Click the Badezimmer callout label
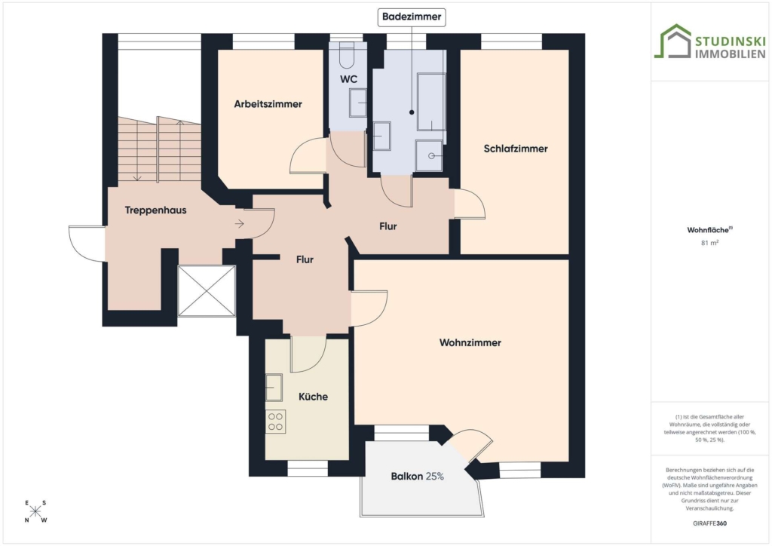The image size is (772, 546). (x=412, y=17)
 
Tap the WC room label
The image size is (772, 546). (x=348, y=79)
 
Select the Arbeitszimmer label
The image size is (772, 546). (x=268, y=104)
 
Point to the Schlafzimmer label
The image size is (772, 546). (x=516, y=149)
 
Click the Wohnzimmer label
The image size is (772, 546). (x=470, y=342)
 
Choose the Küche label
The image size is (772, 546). (x=313, y=397)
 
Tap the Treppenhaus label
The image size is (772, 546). (x=155, y=210)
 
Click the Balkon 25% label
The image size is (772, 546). (x=418, y=476)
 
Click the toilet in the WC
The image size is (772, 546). (x=347, y=54)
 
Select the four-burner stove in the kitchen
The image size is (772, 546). (x=276, y=422)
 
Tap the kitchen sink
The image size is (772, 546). (x=274, y=388)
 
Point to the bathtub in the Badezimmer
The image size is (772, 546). (x=431, y=102)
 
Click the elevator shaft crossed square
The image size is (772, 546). (x=207, y=290)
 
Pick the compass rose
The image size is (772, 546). (x=35, y=511)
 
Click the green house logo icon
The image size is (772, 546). (x=672, y=41)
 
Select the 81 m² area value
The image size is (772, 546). (x=709, y=242)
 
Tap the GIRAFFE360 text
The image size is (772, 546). (x=709, y=523)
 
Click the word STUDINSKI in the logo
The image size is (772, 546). (x=730, y=41)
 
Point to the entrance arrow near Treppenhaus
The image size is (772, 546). (x=239, y=224)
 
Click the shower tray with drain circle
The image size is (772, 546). (x=429, y=155)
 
